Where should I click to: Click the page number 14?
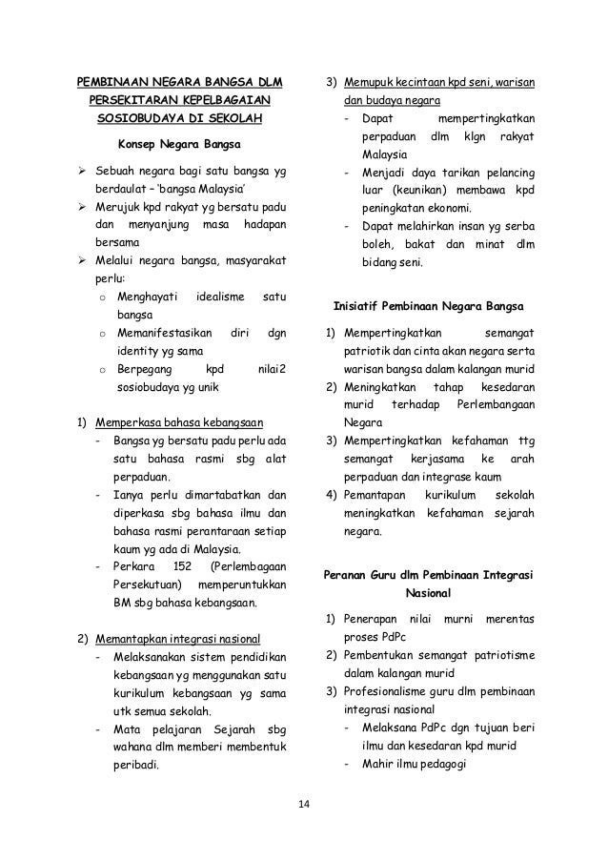coord(304,809)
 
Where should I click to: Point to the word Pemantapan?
coord(374,496)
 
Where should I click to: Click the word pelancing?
coord(505,173)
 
